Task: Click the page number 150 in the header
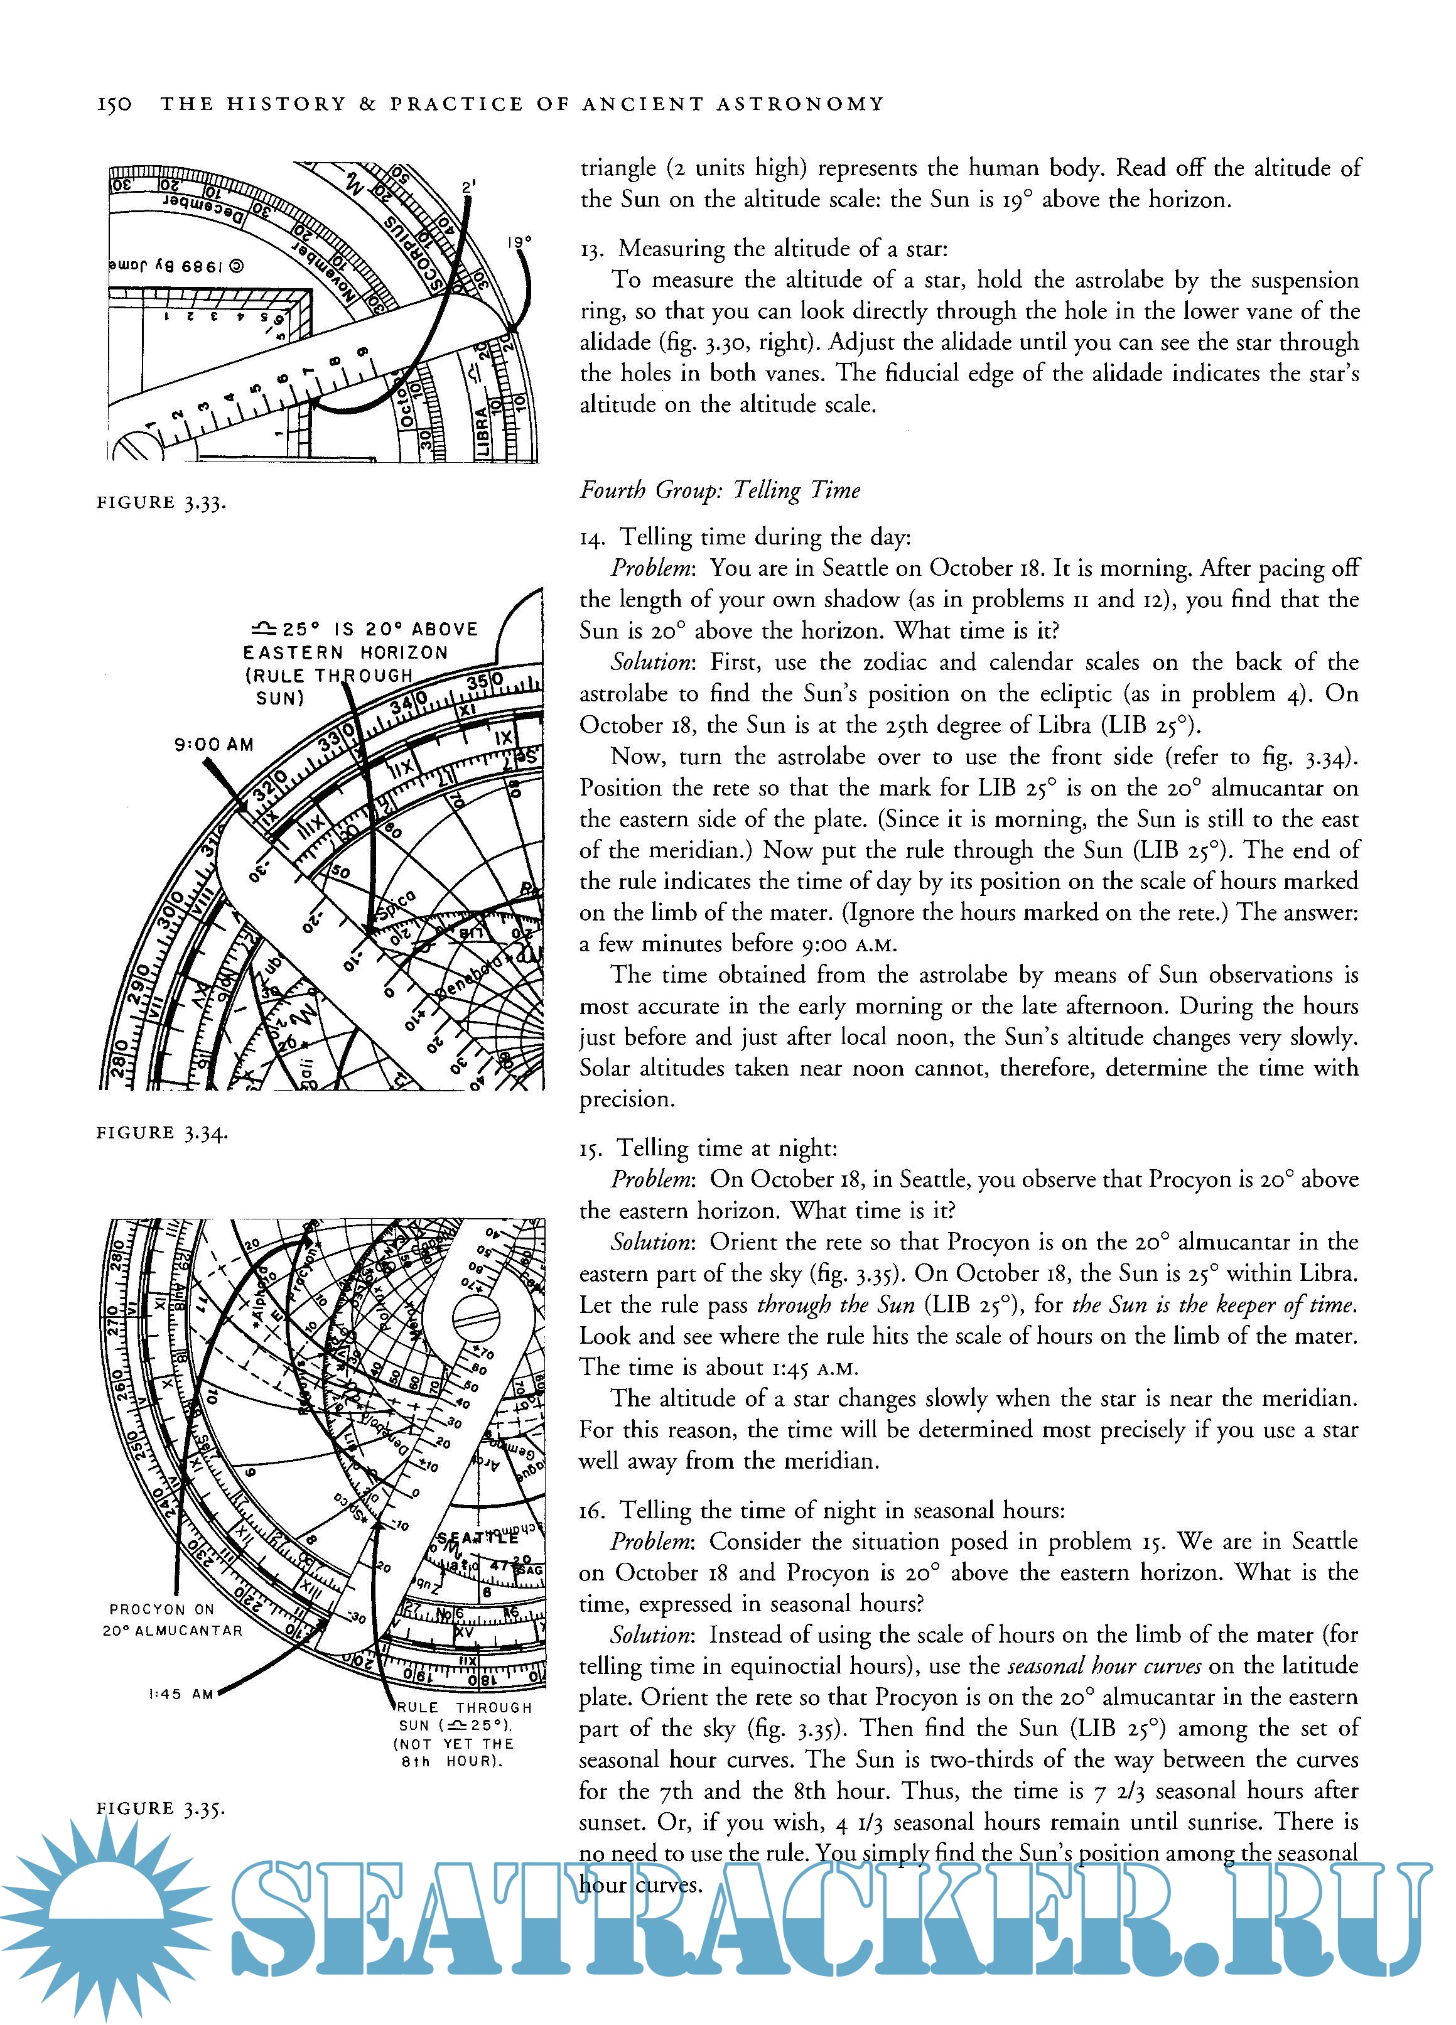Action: (x=114, y=104)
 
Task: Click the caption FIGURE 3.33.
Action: (x=161, y=503)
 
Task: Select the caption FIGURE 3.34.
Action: (x=161, y=1133)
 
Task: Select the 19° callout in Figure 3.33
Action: (x=519, y=242)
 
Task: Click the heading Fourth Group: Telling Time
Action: (x=720, y=490)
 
